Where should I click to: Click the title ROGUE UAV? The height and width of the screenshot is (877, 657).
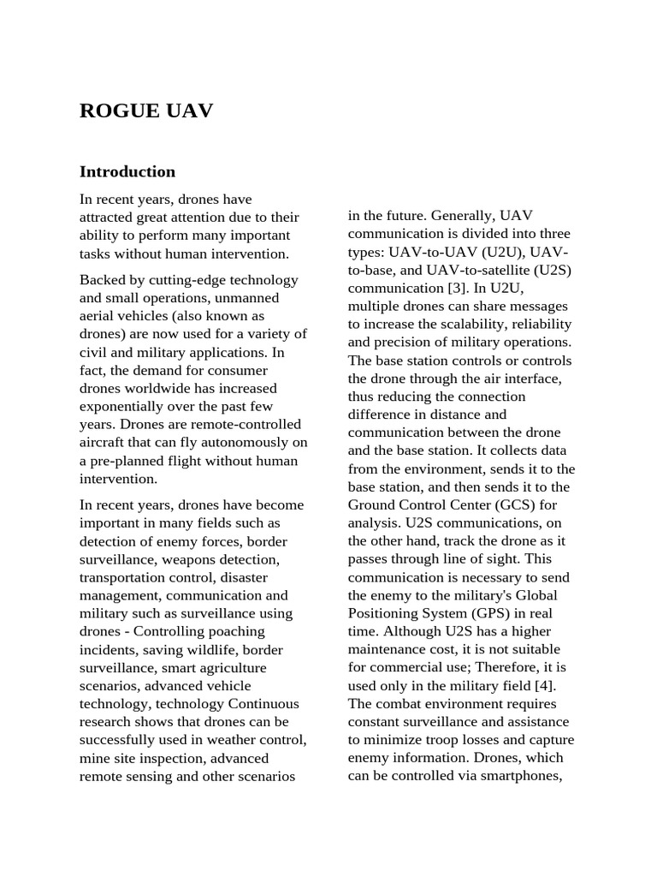coord(146,111)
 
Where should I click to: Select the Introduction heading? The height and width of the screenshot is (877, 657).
coord(127,171)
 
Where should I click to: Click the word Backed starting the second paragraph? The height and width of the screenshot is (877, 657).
coord(101,280)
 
